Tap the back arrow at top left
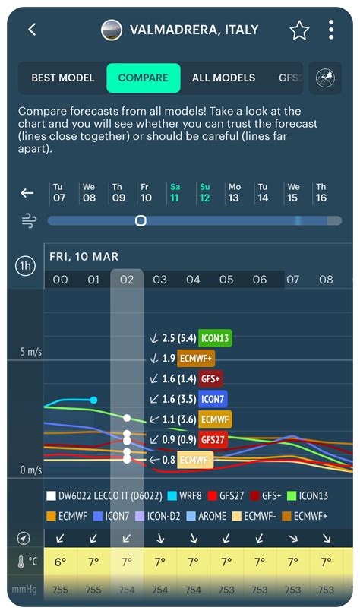32,30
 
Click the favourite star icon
299,30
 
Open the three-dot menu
331,30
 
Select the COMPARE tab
144,78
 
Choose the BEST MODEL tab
63,78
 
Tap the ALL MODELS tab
223,78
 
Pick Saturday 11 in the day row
175,192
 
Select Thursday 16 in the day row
321,192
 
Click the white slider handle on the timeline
141,220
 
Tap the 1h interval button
25,266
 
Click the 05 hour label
226,280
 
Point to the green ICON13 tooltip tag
215,337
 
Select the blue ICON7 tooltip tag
213,398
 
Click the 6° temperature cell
60,562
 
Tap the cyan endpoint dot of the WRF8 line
93,400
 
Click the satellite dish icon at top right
326,78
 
